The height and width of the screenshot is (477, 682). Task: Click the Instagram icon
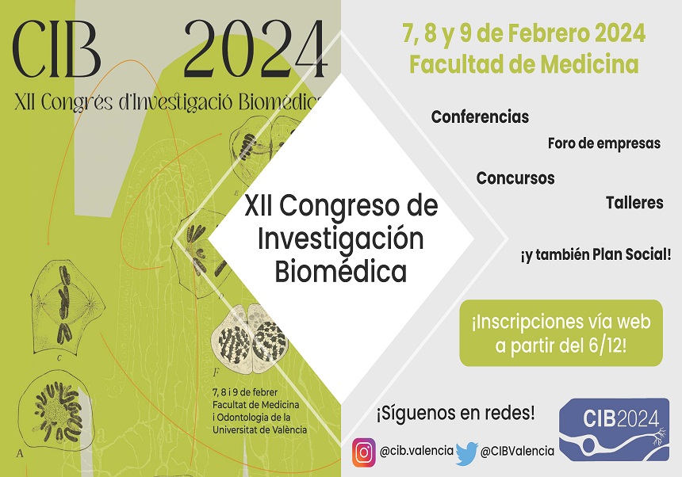tap(363, 452)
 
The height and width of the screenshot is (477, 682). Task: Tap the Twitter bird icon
tap(467, 452)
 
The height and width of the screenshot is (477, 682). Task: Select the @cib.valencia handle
tap(416, 451)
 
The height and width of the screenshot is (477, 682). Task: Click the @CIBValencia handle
tap(517, 451)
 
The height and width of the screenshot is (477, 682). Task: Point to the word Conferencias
tap(480, 117)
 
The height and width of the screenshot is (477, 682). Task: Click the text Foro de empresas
tap(603, 143)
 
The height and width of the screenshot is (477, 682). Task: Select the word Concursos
tap(515, 178)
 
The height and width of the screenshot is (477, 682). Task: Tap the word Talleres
tap(634, 202)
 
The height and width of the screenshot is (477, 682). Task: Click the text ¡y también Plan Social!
tap(596, 255)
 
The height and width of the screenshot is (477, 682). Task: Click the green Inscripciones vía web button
tap(561, 333)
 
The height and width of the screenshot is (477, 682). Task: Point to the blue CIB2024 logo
tap(617, 431)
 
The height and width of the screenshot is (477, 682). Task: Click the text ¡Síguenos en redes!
tap(455, 413)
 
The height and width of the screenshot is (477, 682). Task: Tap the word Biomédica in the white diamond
tap(340, 272)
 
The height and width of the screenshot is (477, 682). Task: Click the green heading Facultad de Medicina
tap(523, 64)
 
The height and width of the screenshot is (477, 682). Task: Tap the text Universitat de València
tap(260, 429)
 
